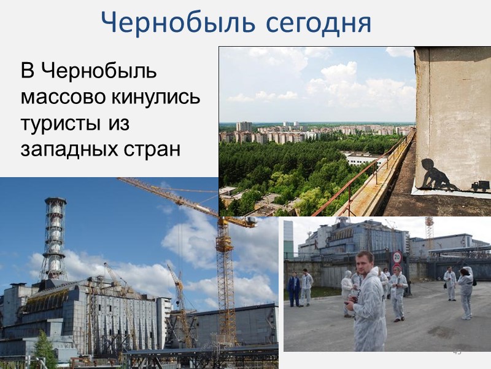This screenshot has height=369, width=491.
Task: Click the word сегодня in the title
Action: pyautogui.click(x=320, y=23)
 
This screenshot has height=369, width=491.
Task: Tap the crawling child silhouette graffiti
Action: pyautogui.click(x=438, y=175)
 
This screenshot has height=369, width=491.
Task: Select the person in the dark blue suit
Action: pyautogui.click(x=294, y=289)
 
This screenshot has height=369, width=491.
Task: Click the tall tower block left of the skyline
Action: pyautogui.click(x=244, y=126)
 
